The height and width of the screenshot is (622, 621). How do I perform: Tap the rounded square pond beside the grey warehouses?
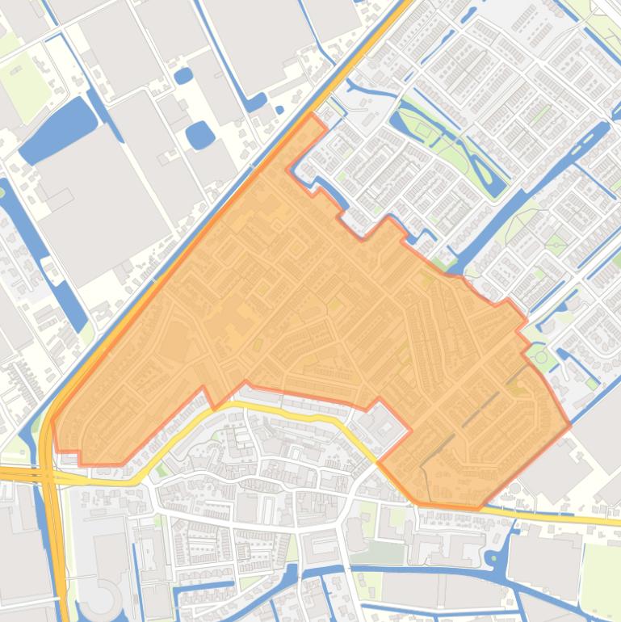point(199,135)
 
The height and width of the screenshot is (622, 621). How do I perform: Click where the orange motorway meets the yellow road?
point(48,475)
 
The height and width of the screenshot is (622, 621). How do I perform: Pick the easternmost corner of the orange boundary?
point(570,424)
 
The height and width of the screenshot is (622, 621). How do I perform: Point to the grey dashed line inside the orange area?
point(468,420)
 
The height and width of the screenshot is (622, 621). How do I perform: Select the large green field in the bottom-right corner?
point(602,574)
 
